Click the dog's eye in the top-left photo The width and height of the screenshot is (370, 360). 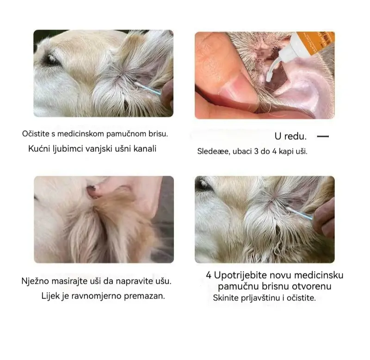click(50, 60)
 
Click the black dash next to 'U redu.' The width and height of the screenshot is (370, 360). click(323, 137)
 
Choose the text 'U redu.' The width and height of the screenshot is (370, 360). click(290, 137)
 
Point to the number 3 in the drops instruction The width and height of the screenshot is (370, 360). click(256, 151)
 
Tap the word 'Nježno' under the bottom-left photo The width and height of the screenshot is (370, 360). click(36, 281)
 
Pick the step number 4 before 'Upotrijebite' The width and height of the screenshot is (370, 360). click(209, 275)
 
